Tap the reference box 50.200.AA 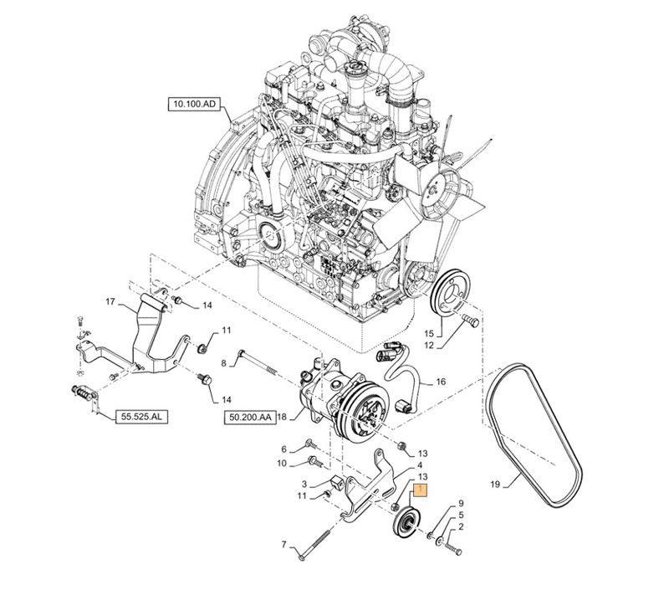click(x=248, y=415)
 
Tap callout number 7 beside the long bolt click(x=283, y=546)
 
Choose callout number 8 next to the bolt click(x=224, y=362)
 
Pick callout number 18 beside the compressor click(x=282, y=416)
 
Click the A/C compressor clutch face click(x=365, y=413)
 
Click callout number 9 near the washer click(x=459, y=505)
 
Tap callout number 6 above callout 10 click(x=283, y=449)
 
